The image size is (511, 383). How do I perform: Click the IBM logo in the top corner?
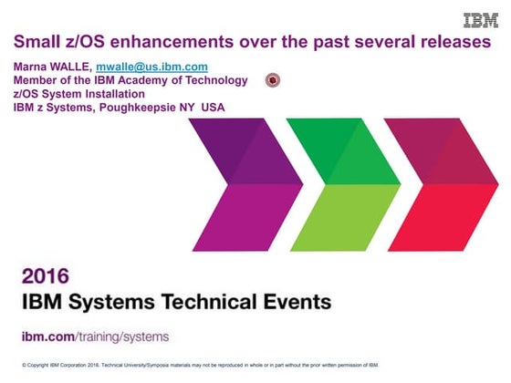(x=480, y=21)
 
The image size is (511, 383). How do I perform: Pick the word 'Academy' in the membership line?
(x=151, y=80)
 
